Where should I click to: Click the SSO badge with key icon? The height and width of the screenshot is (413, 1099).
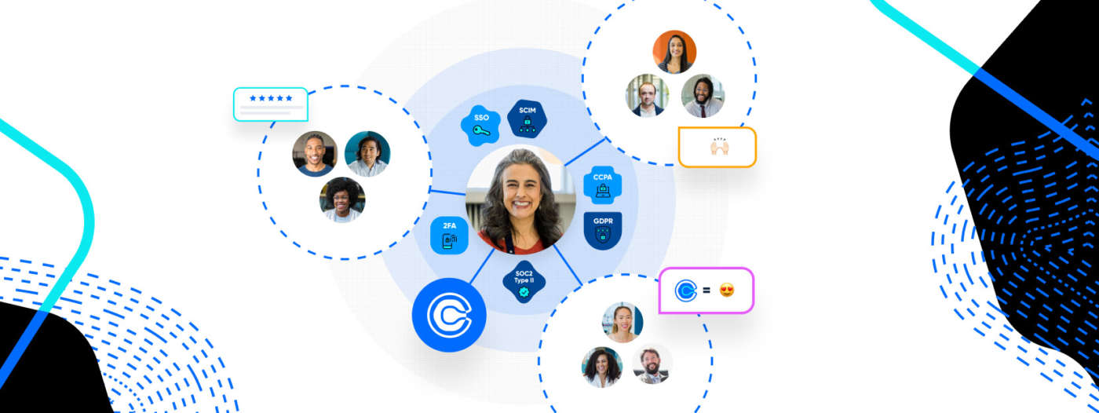481,124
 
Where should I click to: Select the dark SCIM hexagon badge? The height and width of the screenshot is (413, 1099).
527,119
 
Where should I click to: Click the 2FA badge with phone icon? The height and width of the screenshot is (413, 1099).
449,234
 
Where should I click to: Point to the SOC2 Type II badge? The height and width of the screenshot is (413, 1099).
524,280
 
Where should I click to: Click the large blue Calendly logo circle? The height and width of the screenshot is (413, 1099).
449,315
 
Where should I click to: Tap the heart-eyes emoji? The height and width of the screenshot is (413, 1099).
727,291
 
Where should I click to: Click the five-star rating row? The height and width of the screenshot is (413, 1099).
271,98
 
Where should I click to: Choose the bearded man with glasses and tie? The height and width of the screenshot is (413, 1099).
703,96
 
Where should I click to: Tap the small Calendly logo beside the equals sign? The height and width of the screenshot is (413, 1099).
685,291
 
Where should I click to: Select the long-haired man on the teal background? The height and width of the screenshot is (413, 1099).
367,153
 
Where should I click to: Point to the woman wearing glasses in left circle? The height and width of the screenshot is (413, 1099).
342,199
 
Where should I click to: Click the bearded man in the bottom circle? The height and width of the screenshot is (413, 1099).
652,364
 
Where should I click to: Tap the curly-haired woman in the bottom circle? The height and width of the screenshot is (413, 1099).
602,367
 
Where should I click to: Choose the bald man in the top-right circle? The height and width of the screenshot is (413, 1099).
647,96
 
